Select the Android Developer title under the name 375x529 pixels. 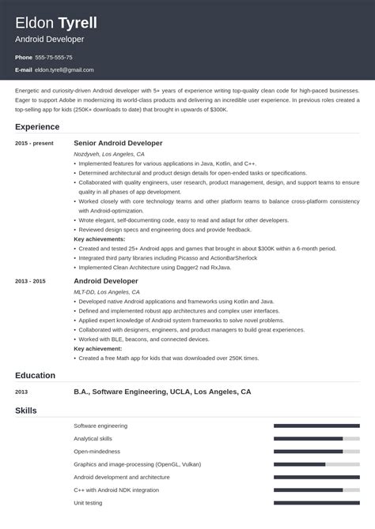point(49,39)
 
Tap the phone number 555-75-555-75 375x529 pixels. point(55,58)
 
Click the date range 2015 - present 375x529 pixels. point(34,144)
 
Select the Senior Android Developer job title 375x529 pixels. point(118,143)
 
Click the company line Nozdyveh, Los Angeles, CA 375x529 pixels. point(109,154)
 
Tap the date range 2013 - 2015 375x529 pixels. point(31,281)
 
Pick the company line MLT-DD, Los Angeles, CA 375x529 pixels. point(105,292)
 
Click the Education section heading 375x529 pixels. point(36,375)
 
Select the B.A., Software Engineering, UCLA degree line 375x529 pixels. point(162,392)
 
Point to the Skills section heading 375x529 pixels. point(26,411)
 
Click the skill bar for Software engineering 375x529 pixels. point(316,426)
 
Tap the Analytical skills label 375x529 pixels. point(93,438)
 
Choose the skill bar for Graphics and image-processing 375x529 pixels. point(316,464)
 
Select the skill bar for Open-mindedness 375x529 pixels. point(316,452)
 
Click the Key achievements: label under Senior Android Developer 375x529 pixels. point(100,238)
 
